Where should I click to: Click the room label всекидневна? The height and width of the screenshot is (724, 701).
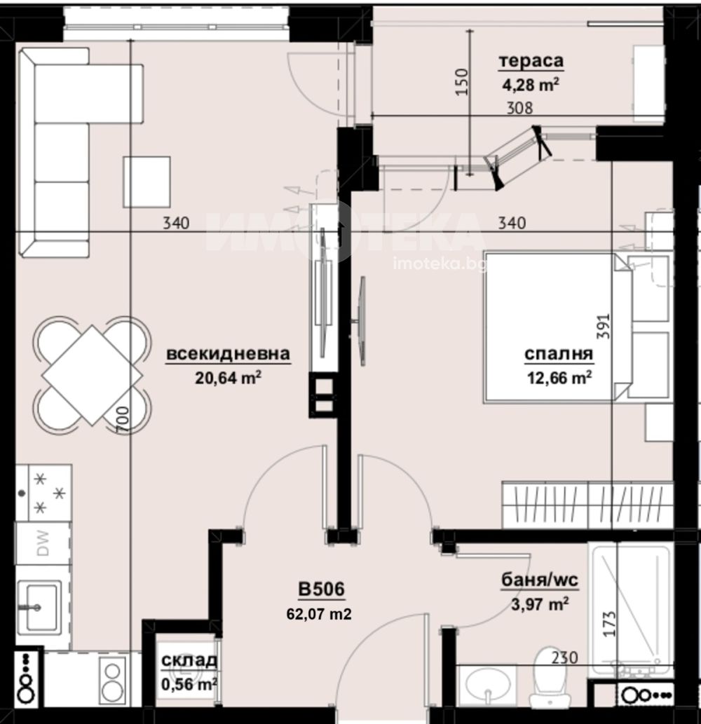[x=228, y=354]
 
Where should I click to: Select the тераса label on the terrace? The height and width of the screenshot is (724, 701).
[x=531, y=60]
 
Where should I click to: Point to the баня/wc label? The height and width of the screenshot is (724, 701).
[x=540, y=580]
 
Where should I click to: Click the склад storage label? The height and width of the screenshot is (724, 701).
[x=189, y=661]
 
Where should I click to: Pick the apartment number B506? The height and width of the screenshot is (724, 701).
[x=321, y=589]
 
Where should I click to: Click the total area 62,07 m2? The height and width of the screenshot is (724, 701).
[x=319, y=614]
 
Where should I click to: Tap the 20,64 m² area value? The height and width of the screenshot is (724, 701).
[x=228, y=378]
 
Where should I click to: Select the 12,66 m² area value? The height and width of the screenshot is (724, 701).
[x=559, y=378]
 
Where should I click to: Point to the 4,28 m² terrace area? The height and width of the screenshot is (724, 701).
[x=531, y=85]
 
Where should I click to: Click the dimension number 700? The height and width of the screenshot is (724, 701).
[x=123, y=420]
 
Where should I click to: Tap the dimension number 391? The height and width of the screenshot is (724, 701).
[x=604, y=327]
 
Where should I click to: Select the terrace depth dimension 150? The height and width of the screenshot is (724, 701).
[x=462, y=82]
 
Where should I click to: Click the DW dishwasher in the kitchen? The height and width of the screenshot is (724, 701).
[x=43, y=543]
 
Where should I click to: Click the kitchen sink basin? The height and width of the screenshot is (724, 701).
[x=40, y=606]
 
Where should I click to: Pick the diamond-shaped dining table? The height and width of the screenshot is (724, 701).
[x=92, y=374]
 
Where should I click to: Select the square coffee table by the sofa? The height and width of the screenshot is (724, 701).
[x=147, y=182]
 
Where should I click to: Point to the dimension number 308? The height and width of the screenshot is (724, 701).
[x=519, y=108]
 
